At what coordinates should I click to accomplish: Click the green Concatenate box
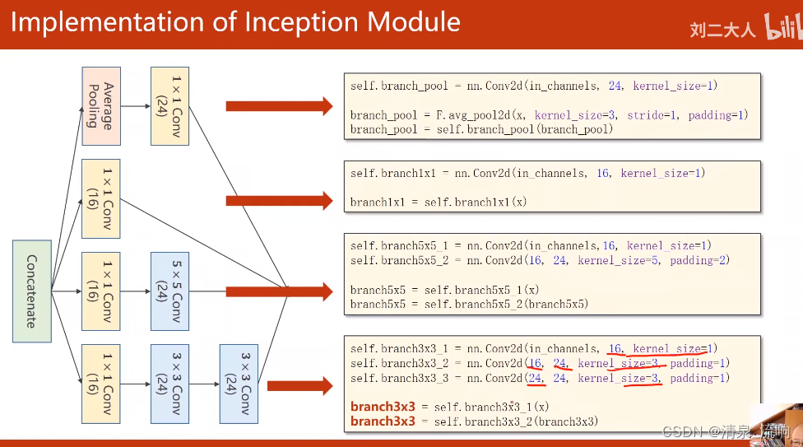tap(32, 291)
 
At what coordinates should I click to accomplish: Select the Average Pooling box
tap(100, 106)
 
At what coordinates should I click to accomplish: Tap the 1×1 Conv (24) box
tap(169, 106)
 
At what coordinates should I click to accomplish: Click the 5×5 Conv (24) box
tap(169, 291)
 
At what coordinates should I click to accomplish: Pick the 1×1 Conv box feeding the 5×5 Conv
tap(100, 291)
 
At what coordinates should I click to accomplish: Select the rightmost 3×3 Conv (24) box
tap(239, 384)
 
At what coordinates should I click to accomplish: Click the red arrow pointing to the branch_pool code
tap(279, 105)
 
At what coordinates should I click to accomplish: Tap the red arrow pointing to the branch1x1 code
tap(279, 200)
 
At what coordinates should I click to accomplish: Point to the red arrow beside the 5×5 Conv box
tap(279, 291)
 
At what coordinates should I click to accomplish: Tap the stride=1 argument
tap(652, 115)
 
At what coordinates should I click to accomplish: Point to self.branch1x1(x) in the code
tap(475, 203)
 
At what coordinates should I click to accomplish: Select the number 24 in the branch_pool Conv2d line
tap(615, 86)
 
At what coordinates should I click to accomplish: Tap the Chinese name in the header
tap(722, 30)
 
